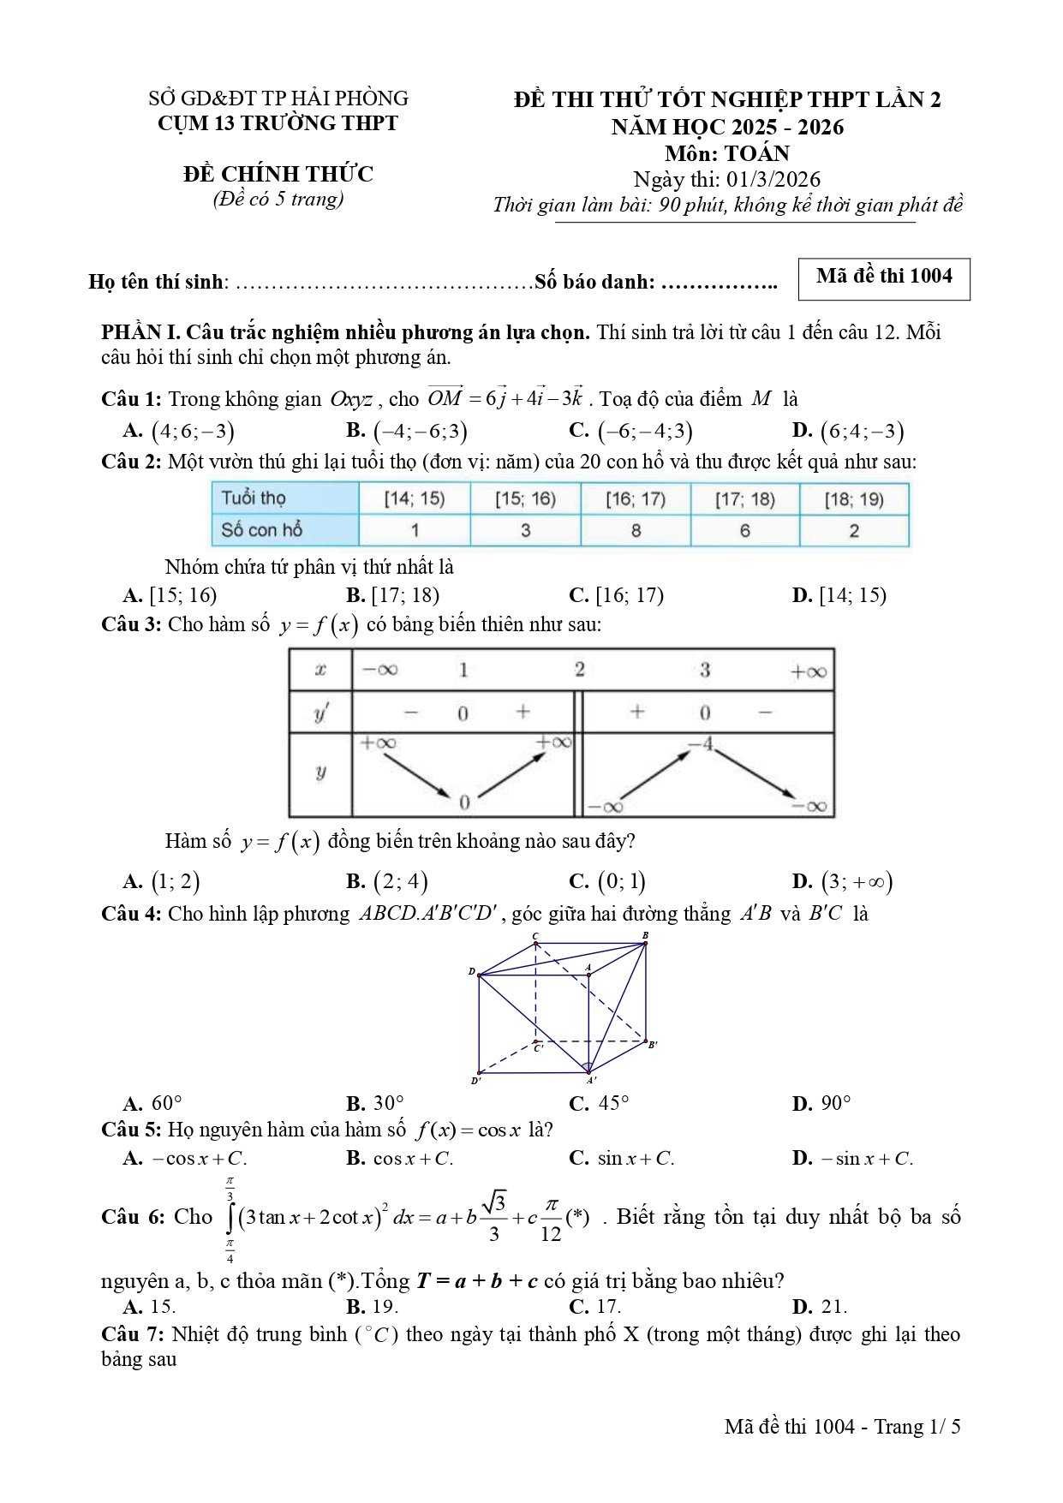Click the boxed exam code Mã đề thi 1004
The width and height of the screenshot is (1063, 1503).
883,277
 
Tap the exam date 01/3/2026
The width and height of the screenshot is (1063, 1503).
773,180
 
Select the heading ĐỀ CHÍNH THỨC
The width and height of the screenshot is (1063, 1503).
278,175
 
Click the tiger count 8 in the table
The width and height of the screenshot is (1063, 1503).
636,531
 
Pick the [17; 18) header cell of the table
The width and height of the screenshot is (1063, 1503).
744,499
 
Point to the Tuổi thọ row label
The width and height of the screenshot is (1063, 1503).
254,498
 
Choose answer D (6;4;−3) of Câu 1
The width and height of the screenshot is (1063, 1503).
861,431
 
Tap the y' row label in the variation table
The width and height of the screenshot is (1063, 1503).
321,713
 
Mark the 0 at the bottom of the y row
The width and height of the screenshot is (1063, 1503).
464,802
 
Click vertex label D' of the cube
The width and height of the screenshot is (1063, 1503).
475,1081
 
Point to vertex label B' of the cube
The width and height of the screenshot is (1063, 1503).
652,1045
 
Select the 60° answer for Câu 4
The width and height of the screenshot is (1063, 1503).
166,1103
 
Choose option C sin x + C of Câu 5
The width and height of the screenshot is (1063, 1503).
635,1159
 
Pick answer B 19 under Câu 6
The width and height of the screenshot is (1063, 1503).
385,1307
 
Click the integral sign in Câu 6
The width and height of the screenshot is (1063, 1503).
230,1217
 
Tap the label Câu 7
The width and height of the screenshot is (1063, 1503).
131,1334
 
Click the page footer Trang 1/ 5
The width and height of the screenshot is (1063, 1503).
917,1427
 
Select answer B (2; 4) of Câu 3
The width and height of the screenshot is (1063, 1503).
399,881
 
